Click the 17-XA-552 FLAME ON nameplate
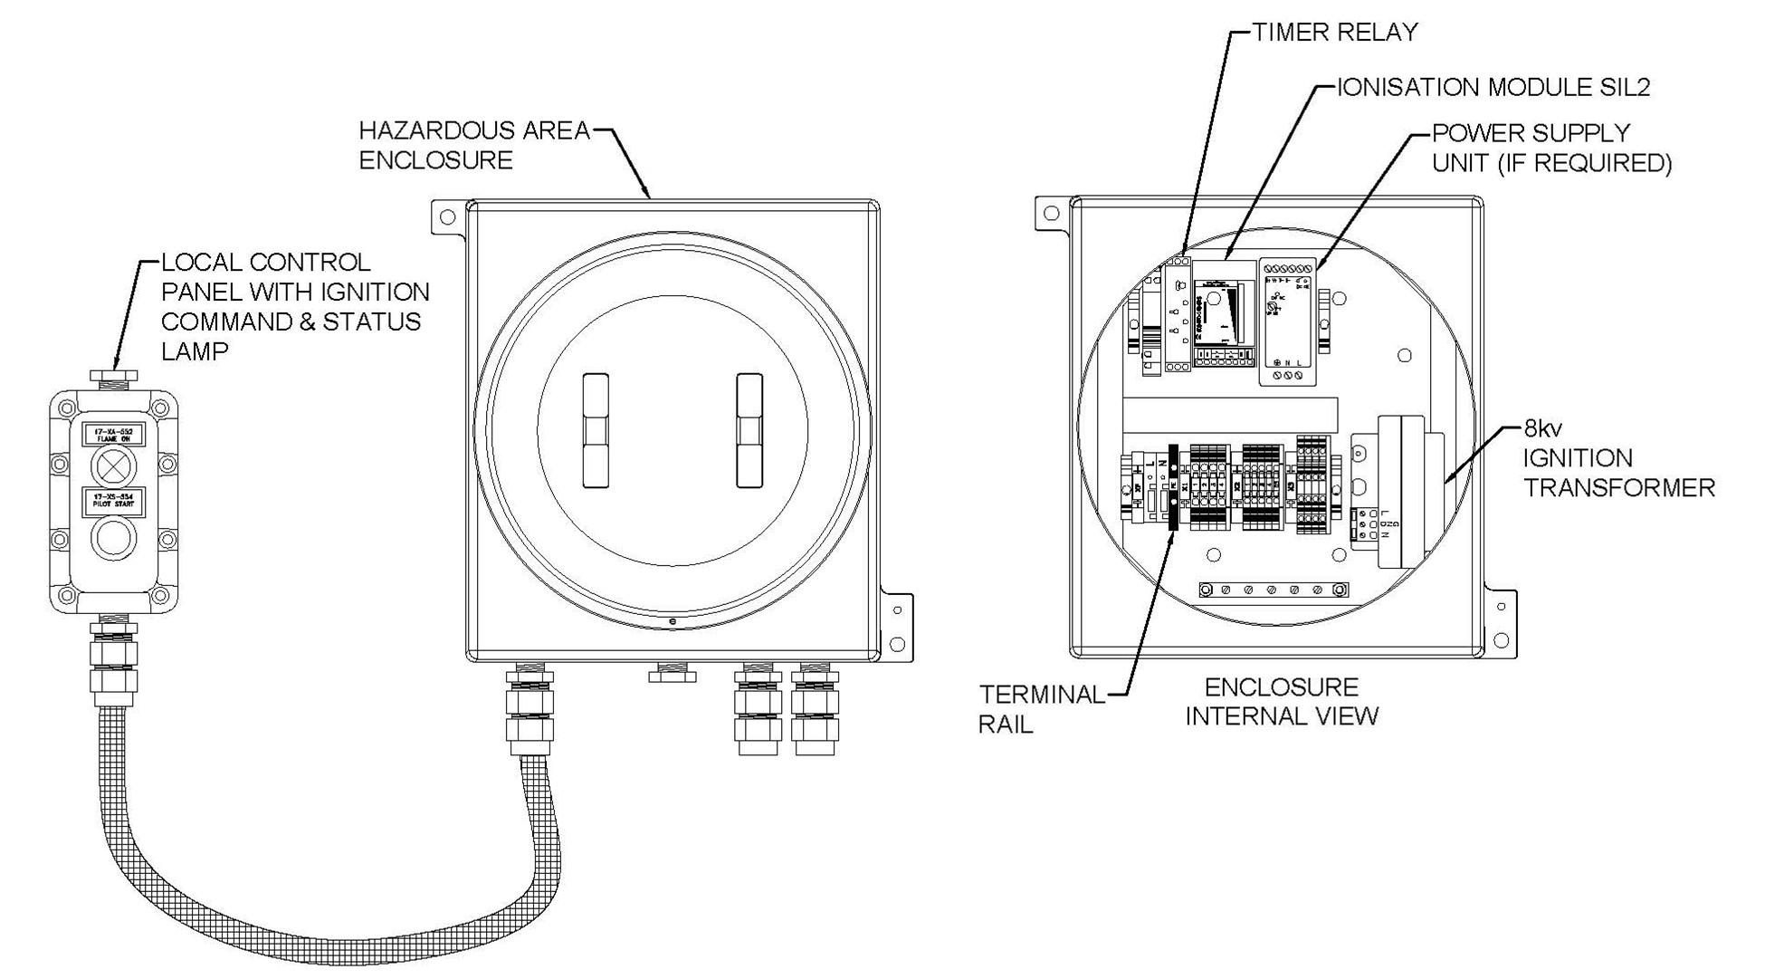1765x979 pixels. click(x=113, y=434)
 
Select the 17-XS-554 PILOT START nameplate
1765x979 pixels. click(x=113, y=502)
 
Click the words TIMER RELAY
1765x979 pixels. click(x=1335, y=33)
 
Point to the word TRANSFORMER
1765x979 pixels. click(x=1618, y=488)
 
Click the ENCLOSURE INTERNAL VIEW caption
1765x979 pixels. click(x=1281, y=702)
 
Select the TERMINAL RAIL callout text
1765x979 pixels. click(x=1041, y=709)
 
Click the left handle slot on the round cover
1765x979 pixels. click(x=595, y=430)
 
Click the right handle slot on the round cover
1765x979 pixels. click(x=749, y=430)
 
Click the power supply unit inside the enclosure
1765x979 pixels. click(x=1287, y=322)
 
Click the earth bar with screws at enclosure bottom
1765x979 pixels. click(x=1273, y=590)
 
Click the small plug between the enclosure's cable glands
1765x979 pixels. click(x=673, y=673)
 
